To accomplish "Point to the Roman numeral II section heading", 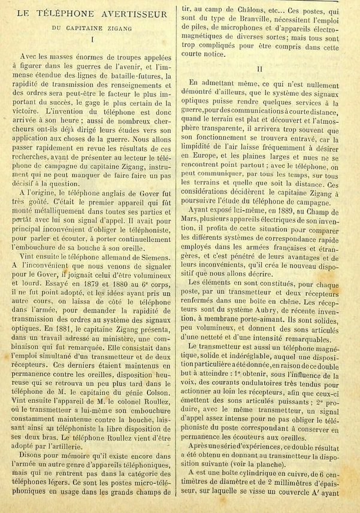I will pos(259,68).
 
